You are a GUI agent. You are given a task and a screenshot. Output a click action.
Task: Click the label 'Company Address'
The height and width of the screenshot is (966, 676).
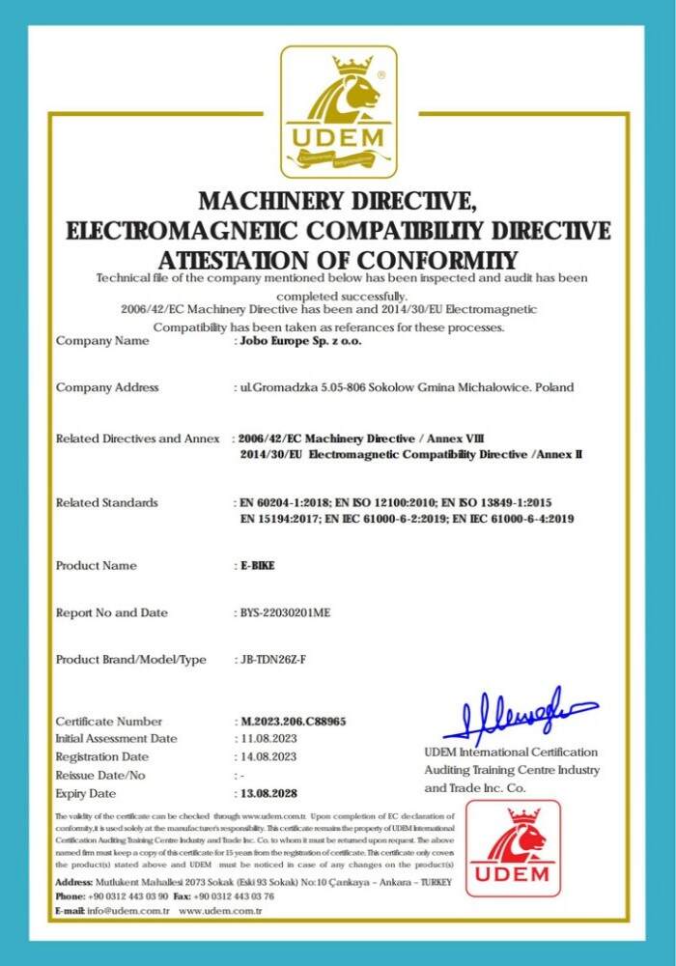(107, 387)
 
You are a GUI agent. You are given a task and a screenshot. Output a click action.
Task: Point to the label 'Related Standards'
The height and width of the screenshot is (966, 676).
(107, 502)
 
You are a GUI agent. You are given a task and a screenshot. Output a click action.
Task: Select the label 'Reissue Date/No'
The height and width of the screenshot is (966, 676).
(100, 775)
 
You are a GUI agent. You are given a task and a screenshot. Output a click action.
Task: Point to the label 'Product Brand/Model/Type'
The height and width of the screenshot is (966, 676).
(131, 660)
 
